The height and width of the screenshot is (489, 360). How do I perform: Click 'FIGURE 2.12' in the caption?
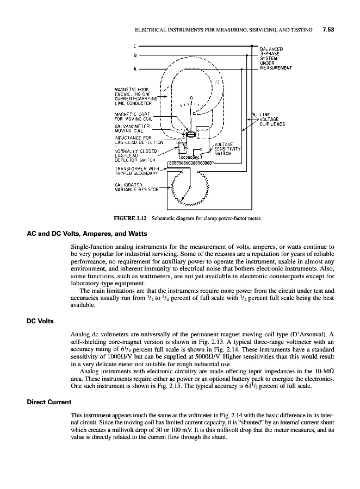128,219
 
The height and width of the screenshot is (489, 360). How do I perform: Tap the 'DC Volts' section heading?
40,321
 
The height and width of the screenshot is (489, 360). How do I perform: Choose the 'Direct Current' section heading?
49,402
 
